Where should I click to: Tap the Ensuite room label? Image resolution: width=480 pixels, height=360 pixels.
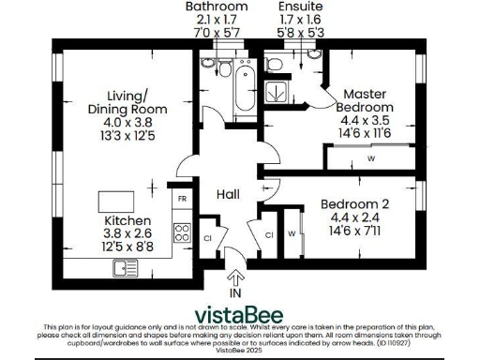coord(293,7)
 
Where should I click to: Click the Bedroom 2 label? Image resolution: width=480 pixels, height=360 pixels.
coord(355,204)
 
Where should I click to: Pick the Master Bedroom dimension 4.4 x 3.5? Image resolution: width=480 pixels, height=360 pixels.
coord(366,121)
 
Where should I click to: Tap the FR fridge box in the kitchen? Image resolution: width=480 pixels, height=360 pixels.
coord(183,200)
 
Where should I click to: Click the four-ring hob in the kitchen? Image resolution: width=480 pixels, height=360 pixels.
coord(182,233)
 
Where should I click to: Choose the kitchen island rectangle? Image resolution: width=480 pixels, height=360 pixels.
coord(116,200)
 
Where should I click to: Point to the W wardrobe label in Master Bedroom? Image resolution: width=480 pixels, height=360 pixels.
coord(371,158)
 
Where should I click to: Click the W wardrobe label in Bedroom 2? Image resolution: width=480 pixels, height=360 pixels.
coord(292,233)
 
